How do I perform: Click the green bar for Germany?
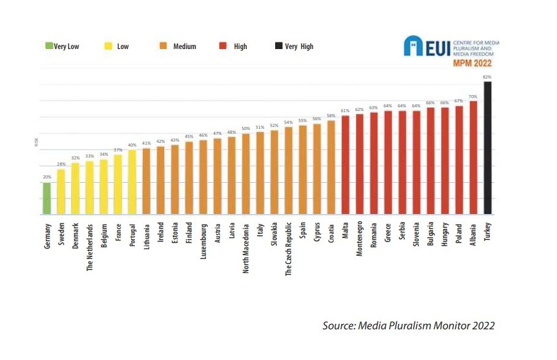point(47,199)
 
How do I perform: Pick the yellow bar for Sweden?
point(61,192)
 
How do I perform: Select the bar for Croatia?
point(331,167)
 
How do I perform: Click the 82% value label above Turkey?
point(487,77)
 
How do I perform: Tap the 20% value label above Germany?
point(47,177)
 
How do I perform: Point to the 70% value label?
point(473,96)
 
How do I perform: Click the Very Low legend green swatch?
point(49,46)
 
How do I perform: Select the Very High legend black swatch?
point(279,46)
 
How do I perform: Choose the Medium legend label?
point(184,47)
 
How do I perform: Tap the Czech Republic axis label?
point(289,250)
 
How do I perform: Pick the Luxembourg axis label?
point(203,243)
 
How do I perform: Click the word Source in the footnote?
point(336,326)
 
